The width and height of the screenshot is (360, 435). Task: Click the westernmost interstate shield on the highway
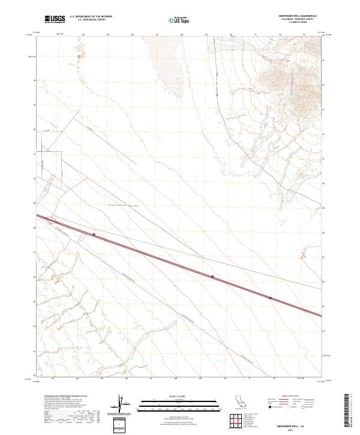pyautogui.click(x=94, y=235)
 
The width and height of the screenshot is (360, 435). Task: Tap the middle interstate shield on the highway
pyautogui.click(x=212, y=277)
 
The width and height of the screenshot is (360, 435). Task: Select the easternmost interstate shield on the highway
pyautogui.click(x=271, y=298)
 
